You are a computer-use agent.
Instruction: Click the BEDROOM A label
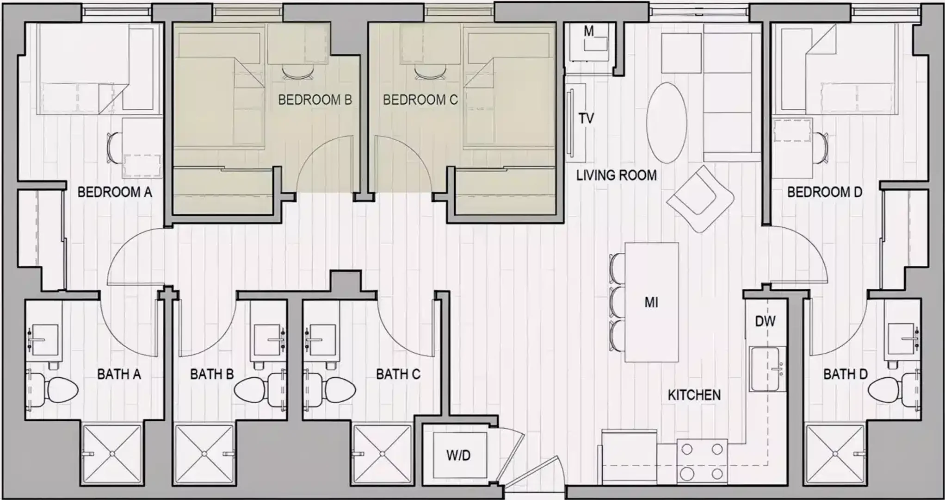tap(115, 192)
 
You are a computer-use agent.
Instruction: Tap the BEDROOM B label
tap(315, 100)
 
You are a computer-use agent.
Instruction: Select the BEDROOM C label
tap(420, 100)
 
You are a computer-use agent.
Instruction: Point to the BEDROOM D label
tap(825, 192)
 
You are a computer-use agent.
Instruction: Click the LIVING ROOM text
tap(617, 175)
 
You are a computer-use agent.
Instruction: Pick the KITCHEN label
tap(694, 395)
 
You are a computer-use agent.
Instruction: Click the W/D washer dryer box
tap(458, 456)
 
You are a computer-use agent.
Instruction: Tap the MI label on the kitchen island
tap(651, 303)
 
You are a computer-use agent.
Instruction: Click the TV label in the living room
tap(586, 119)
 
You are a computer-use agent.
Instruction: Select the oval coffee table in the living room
tap(666, 122)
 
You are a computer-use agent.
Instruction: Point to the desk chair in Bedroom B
tap(297, 72)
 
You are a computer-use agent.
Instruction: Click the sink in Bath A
tap(45, 340)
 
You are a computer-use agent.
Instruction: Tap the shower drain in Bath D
tap(835, 454)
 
